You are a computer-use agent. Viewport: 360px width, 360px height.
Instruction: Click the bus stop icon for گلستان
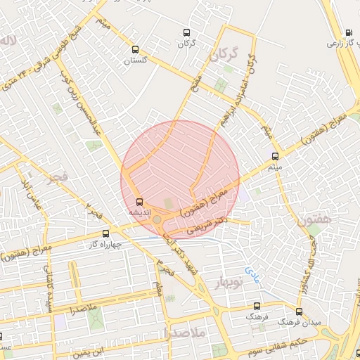point(136,50)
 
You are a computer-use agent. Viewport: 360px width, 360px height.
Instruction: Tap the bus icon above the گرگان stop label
point(186,32)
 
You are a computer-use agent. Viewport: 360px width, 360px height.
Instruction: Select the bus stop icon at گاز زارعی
point(349,32)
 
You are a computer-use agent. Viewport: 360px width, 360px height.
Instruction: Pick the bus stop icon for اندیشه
point(139,200)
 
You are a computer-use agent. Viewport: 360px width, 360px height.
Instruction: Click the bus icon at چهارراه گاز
point(106,233)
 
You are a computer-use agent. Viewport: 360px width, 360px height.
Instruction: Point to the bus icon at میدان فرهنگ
point(299,311)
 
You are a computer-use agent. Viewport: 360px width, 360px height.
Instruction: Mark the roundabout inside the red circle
point(157,220)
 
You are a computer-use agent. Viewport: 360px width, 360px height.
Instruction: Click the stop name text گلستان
point(136,61)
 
